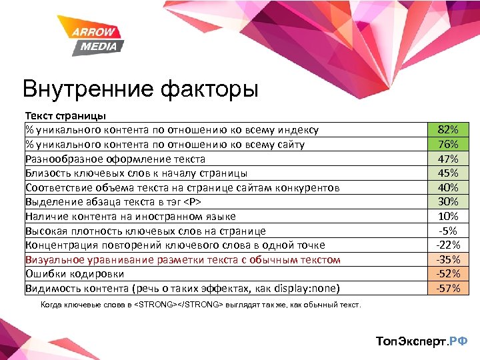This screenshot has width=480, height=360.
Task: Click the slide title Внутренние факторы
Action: click(x=140, y=89)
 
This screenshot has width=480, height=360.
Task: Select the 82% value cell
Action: click(x=448, y=130)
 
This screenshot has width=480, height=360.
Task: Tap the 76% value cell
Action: click(x=448, y=144)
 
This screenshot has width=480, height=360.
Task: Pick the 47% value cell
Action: click(x=448, y=159)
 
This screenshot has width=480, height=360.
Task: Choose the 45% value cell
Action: click(x=448, y=173)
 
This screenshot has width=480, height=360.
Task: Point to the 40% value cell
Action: click(x=448, y=187)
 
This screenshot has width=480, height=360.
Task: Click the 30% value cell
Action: click(x=448, y=202)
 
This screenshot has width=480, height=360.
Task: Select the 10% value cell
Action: click(x=448, y=216)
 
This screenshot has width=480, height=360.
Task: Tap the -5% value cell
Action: click(x=448, y=231)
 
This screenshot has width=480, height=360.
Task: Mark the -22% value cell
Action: click(x=448, y=245)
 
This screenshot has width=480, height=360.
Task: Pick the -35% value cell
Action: click(x=448, y=259)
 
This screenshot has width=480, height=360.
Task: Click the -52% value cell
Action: click(x=448, y=273)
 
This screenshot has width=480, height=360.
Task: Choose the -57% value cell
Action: click(x=448, y=288)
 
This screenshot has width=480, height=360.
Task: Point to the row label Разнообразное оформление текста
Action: click(x=115, y=159)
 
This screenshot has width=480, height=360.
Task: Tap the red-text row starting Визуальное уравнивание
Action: click(x=183, y=259)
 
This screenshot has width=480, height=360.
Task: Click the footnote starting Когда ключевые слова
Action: click(x=201, y=305)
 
